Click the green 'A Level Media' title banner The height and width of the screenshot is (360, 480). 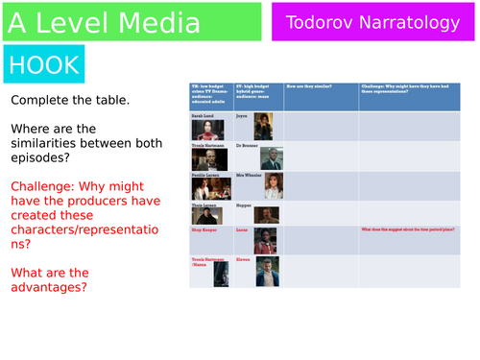click(132, 20)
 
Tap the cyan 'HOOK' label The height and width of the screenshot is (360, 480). click(43, 64)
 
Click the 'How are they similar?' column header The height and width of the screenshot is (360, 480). click(321, 88)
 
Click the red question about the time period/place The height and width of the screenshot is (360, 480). click(401, 230)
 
